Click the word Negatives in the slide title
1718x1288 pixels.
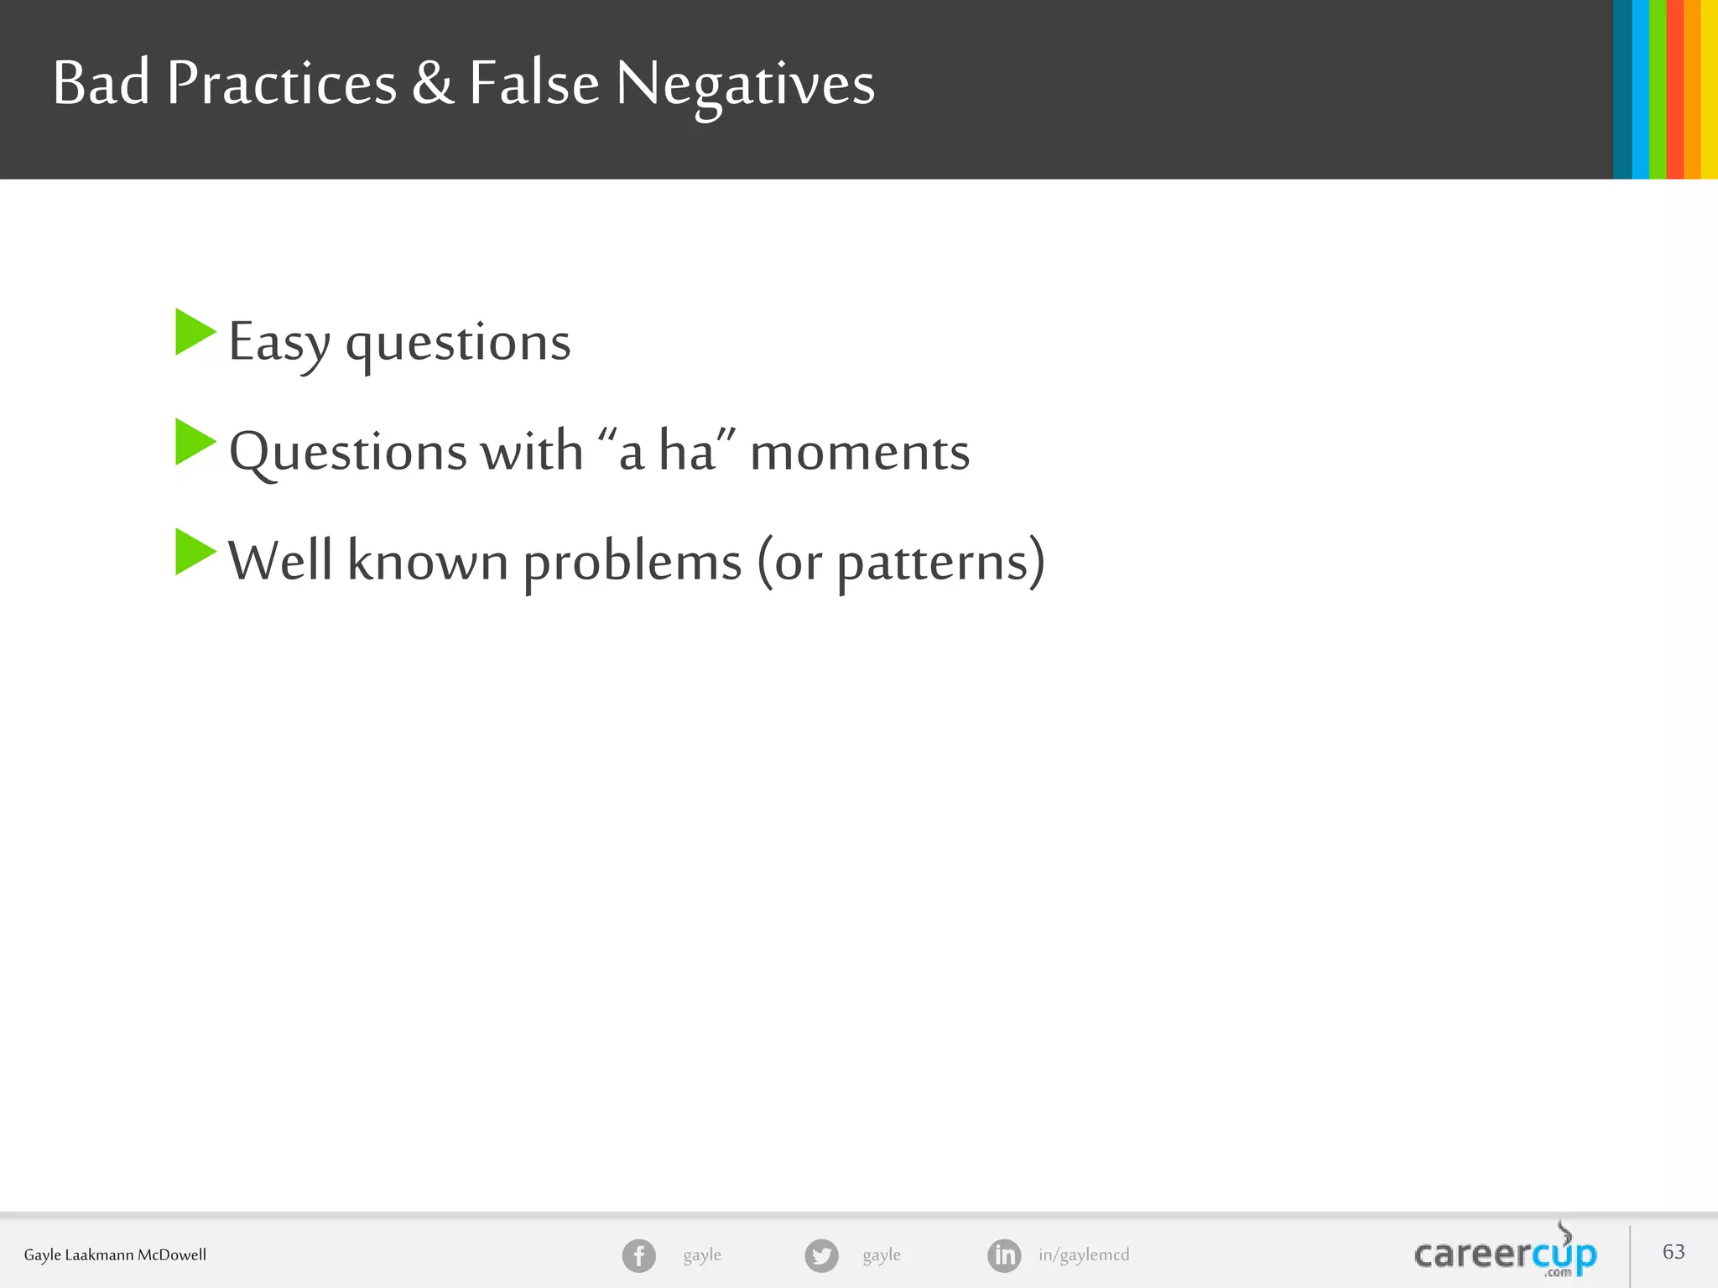point(745,84)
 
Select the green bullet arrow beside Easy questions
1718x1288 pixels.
point(195,332)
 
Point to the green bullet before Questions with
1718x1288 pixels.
point(195,442)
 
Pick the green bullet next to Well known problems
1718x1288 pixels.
point(195,552)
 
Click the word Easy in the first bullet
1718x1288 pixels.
point(279,342)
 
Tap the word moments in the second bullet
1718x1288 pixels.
point(859,451)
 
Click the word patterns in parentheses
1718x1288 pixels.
point(933,562)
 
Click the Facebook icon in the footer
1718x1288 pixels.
point(638,1255)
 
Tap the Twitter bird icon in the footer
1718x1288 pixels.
point(821,1255)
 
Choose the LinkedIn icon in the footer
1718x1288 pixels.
point(1004,1255)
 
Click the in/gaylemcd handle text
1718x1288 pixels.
point(1084,1254)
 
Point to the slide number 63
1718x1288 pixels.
point(1674,1251)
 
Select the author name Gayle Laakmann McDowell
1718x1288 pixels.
point(115,1254)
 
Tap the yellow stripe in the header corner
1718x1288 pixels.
point(1709,89)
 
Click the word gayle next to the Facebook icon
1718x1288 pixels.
point(702,1254)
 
